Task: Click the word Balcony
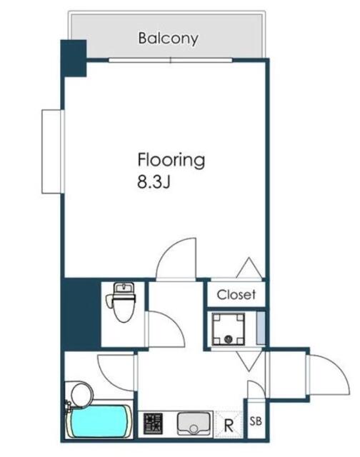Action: [168, 39]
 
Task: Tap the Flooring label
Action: [171, 160]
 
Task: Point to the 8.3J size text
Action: [154, 183]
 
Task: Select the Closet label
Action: [236, 295]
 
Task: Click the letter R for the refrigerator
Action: [229, 426]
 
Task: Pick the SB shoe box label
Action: [256, 421]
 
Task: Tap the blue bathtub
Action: [99, 421]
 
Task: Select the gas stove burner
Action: [153, 423]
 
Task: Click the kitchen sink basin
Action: [194, 423]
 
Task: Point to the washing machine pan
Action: [229, 328]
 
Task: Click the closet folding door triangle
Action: [249, 267]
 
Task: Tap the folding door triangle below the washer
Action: [249, 361]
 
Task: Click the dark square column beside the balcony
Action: [74, 58]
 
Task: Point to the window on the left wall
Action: [53, 151]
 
